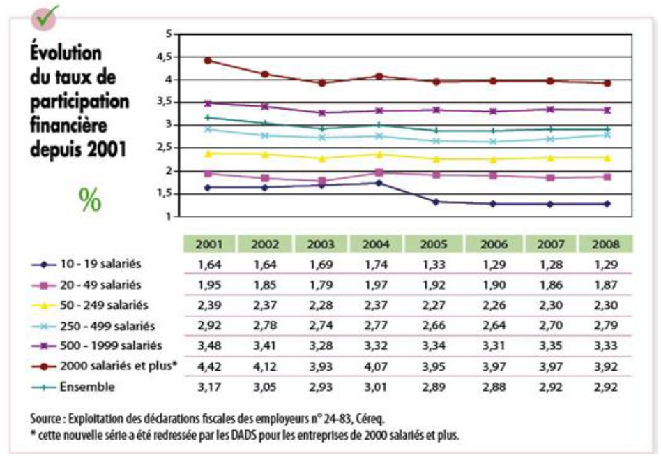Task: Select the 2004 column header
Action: tap(379, 244)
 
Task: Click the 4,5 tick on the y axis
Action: tap(165, 57)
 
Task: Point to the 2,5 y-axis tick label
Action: tap(165, 148)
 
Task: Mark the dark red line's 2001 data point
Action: tap(208, 60)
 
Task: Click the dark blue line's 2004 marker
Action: tap(379, 183)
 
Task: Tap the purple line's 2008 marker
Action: tap(607, 110)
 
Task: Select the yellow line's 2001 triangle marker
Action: tap(208, 153)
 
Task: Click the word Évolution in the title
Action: tap(66, 54)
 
